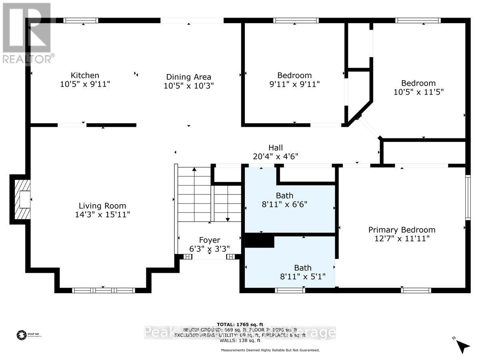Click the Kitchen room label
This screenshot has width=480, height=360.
click(85, 75)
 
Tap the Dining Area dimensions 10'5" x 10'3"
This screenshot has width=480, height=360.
click(189, 86)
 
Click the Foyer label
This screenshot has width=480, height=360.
click(210, 240)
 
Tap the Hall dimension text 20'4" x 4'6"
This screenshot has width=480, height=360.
click(276, 156)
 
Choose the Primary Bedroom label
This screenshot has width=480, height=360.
click(402, 230)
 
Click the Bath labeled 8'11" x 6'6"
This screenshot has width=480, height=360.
click(284, 196)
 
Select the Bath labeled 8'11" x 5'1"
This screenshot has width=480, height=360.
click(303, 268)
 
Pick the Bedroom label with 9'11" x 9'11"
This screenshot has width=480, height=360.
click(294, 75)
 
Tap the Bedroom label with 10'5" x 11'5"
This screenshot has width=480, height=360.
click(418, 83)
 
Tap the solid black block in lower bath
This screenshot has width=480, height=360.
click(259, 242)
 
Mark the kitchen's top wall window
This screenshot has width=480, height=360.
click(81, 20)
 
